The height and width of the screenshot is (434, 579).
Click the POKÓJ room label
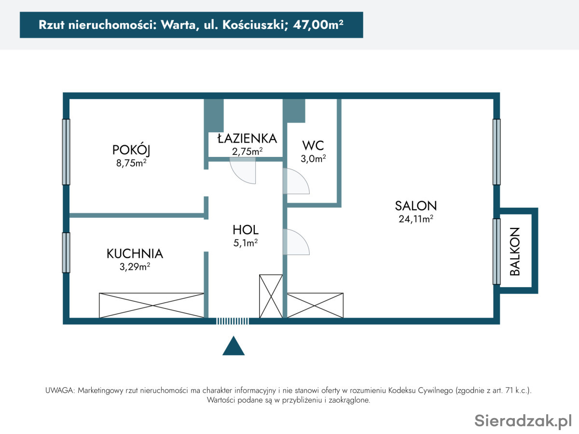coord(131,150)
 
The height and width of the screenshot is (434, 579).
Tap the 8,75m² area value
coord(131,163)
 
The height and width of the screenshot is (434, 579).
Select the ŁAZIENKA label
coord(247,138)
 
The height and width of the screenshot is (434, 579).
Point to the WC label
coord(313,145)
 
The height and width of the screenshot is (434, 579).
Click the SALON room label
coord(416,206)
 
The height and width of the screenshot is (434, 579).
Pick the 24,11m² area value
coord(416,219)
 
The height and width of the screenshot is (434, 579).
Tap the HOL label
coord(246,230)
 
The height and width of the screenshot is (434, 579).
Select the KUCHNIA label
coord(135,253)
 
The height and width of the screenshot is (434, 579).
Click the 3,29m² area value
coord(135,266)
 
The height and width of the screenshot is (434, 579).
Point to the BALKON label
coord(515,252)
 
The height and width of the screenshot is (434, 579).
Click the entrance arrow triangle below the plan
coord(234,346)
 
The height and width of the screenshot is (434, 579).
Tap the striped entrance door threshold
coord(233,321)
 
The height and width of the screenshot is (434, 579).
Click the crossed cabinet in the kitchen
coord(152,306)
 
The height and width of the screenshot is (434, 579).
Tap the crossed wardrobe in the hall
coord(271,296)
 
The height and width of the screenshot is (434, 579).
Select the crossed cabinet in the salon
coord(315,306)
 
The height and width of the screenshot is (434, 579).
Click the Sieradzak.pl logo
coord(523,420)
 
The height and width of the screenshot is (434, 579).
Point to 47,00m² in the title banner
coord(318,25)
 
